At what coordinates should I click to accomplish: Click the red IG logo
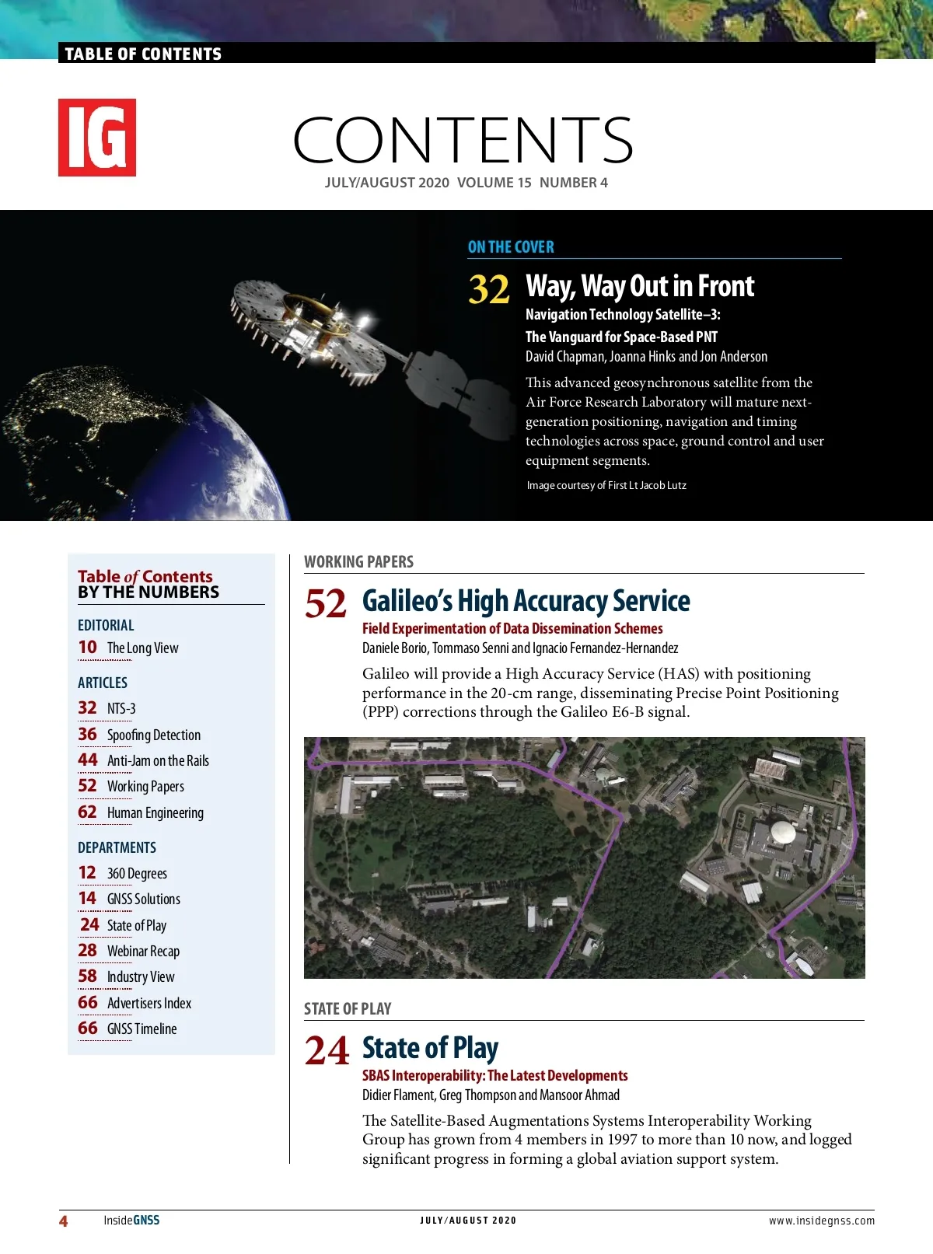[x=97, y=138]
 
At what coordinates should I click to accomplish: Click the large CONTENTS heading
[x=463, y=141]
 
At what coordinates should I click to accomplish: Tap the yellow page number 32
[x=488, y=289]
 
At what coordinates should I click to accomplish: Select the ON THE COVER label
[x=511, y=247]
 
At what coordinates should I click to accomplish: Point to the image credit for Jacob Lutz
[x=606, y=485]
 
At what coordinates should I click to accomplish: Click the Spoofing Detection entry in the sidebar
[x=154, y=735]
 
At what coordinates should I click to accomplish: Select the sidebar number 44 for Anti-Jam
[x=88, y=760]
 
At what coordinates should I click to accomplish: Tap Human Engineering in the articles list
[x=155, y=812]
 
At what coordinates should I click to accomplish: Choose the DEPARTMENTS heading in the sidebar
[x=117, y=847]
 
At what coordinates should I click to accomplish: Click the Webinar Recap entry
[x=143, y=951]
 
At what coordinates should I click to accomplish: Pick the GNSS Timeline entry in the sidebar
[x=142, y=1029]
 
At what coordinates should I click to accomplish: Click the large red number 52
[x=326, y=604]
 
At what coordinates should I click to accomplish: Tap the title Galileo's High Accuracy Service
[x=526, y=601]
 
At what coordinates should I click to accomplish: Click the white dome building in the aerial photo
[x=782, y=833]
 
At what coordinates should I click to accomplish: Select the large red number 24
[x=327, y=1051]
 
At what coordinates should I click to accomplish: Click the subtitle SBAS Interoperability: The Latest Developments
[x=495, y=1075]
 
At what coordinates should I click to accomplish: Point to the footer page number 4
[x=63, y=1221]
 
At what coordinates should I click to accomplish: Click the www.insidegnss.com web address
[x=822, y=1221]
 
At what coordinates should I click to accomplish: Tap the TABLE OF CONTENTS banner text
[x=143, y=54]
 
